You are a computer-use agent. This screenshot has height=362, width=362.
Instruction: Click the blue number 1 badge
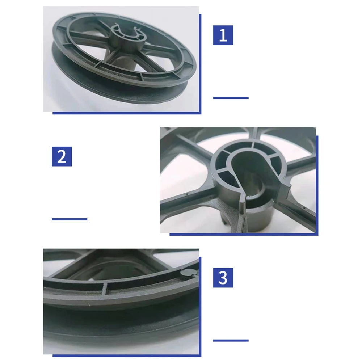(223, 35)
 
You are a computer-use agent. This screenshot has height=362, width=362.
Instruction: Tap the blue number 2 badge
(62, 156)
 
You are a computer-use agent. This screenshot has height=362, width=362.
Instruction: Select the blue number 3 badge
(223, 278)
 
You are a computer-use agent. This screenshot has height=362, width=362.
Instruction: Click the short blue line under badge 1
(231, 98)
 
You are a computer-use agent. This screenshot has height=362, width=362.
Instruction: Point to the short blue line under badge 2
(70, 219)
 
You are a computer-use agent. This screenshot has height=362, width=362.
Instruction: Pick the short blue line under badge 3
(231, 340)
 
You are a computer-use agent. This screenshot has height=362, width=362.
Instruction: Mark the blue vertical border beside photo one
(200, 63)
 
